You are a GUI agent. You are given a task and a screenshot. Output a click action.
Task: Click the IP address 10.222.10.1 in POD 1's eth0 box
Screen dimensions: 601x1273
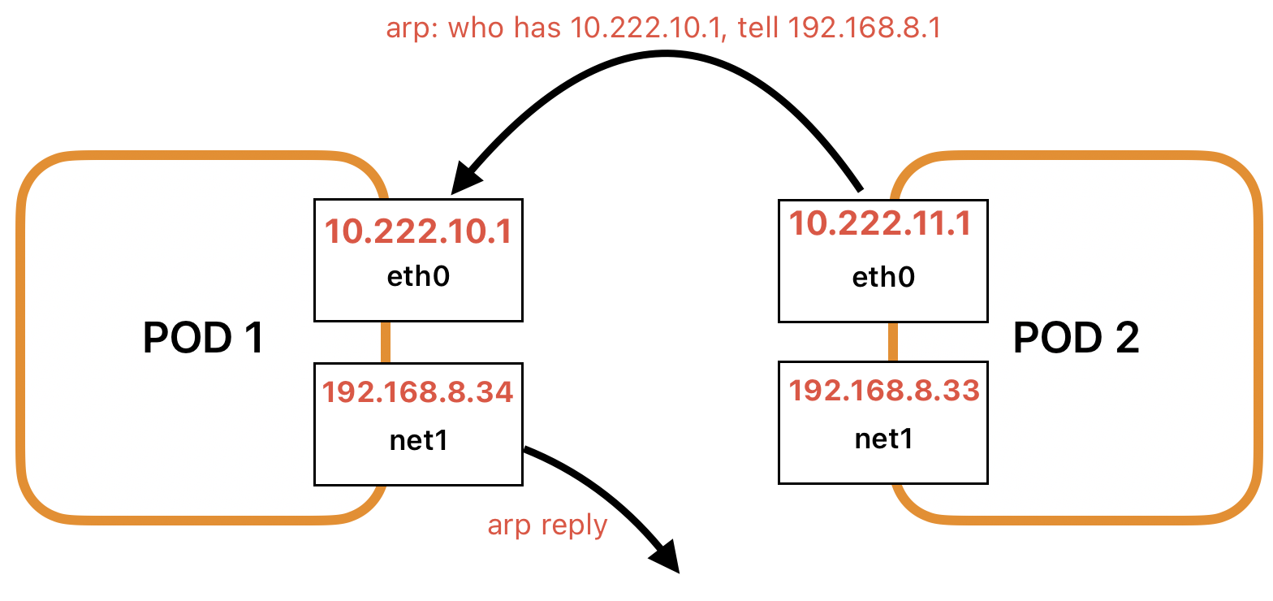(x=418, y=231)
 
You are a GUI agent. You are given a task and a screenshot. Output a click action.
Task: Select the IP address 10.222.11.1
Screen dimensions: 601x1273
(x=881, y=223)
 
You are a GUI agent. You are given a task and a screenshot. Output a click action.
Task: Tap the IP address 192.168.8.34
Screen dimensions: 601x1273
(x=418, y=393)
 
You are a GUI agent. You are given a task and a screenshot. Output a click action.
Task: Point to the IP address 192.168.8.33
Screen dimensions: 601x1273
(x=884, y=391)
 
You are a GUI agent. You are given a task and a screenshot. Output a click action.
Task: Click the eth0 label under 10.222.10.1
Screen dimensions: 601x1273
(x=418, y=277)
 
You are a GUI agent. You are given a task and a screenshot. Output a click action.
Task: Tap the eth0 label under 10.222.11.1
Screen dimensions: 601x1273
(x=883, y=278)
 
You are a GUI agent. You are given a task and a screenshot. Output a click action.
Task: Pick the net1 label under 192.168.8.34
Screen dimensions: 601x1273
(x=418, y=440)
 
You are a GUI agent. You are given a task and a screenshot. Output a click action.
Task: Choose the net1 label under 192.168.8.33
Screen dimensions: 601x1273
(x=883, y=439)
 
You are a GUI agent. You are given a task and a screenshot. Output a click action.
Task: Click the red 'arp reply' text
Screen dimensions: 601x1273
(x=547, y=525)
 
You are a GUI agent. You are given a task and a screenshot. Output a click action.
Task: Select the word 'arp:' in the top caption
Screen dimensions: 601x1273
(x=412, y=29)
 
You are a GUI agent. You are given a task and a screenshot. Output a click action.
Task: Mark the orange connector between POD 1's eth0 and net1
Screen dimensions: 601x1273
(x=386, y=341)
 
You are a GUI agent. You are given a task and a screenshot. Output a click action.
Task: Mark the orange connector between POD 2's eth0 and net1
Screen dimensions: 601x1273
(x=892, y=341)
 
